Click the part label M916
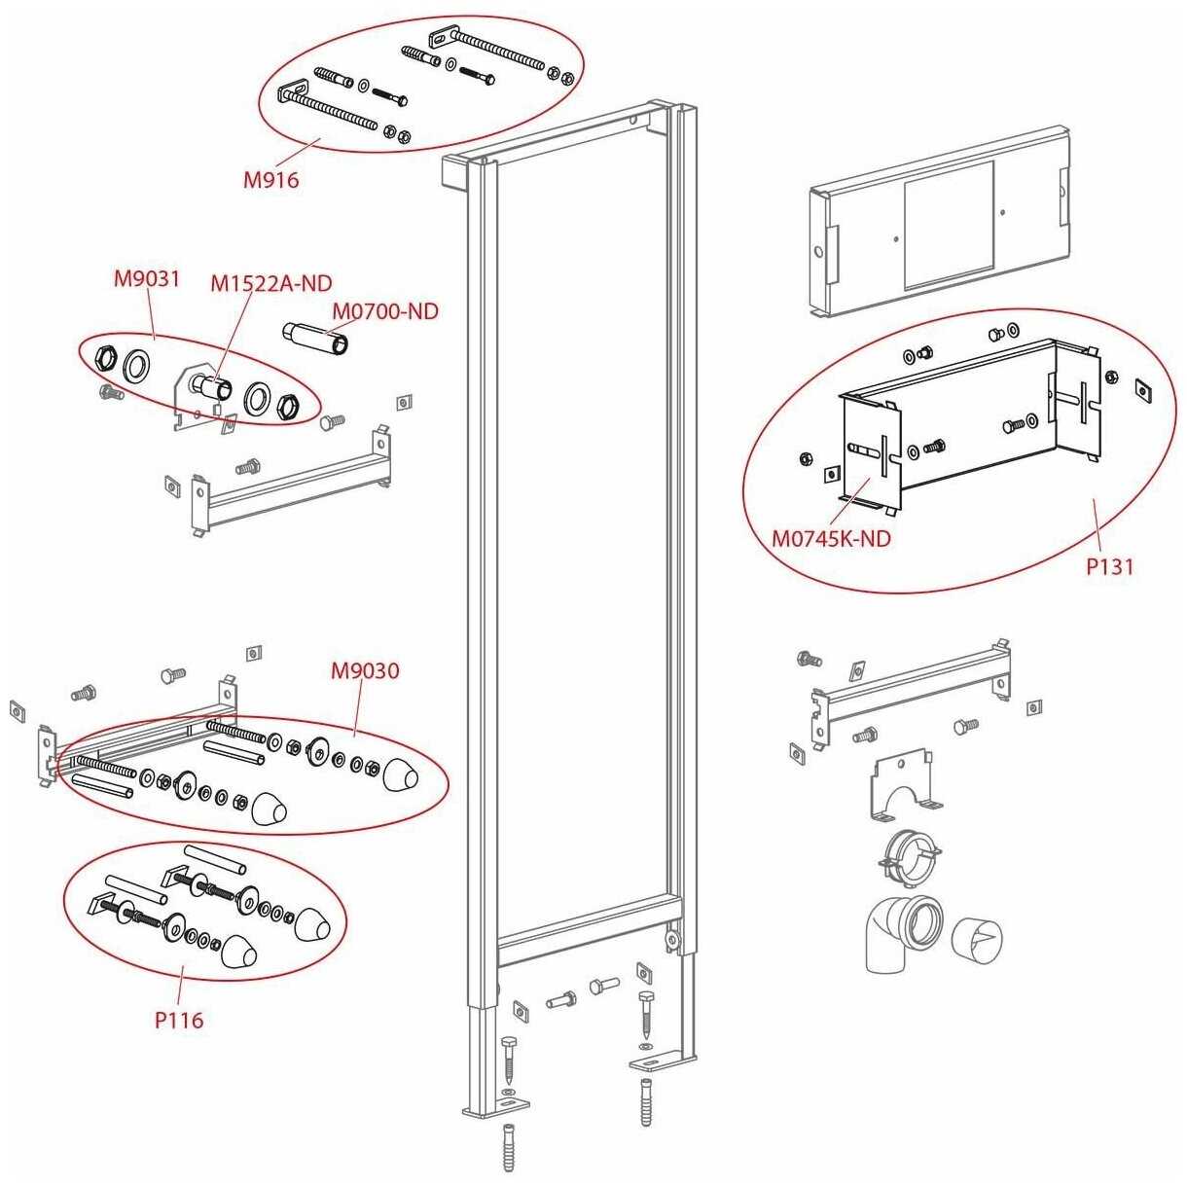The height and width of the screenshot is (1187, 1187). (271, 181)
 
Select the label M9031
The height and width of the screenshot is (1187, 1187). (147, 279)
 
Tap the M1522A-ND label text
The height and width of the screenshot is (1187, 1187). (271, 283)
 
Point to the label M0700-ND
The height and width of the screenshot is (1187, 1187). (385, 311)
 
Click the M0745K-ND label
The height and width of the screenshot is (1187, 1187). (832, 539)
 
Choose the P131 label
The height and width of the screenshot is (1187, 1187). (1109, 566)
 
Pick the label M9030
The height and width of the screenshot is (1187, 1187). (365, 670)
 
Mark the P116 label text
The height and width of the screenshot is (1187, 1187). (179, 1021)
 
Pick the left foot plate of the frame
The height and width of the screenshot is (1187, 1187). (496, 1105)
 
